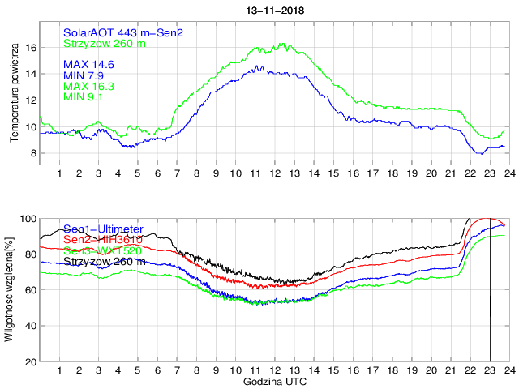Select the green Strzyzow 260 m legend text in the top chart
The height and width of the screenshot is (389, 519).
pyautogui.click(x=105, y=43)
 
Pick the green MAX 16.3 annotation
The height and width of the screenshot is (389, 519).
pyautogui.click(x=88, y=86)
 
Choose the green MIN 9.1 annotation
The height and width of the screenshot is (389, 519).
pyautogui.click(x=85, y=97)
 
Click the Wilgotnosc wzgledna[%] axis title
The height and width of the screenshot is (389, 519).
pyautogui.click(x=9, y=289)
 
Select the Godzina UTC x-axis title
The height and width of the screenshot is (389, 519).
pyautogui.click(x=275, y=381)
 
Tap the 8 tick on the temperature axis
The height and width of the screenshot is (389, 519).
pyautogui.click(x=32, y=153)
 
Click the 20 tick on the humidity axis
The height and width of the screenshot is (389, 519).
pyautogui.click(x=29, y=361)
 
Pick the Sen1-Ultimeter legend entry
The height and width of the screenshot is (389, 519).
pyautogui.click(x=103, y=229)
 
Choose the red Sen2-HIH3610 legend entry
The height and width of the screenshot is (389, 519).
pyautogui.click(x=103, y=240)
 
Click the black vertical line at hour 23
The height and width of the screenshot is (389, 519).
pyautogui.click(x=490, y=308)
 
